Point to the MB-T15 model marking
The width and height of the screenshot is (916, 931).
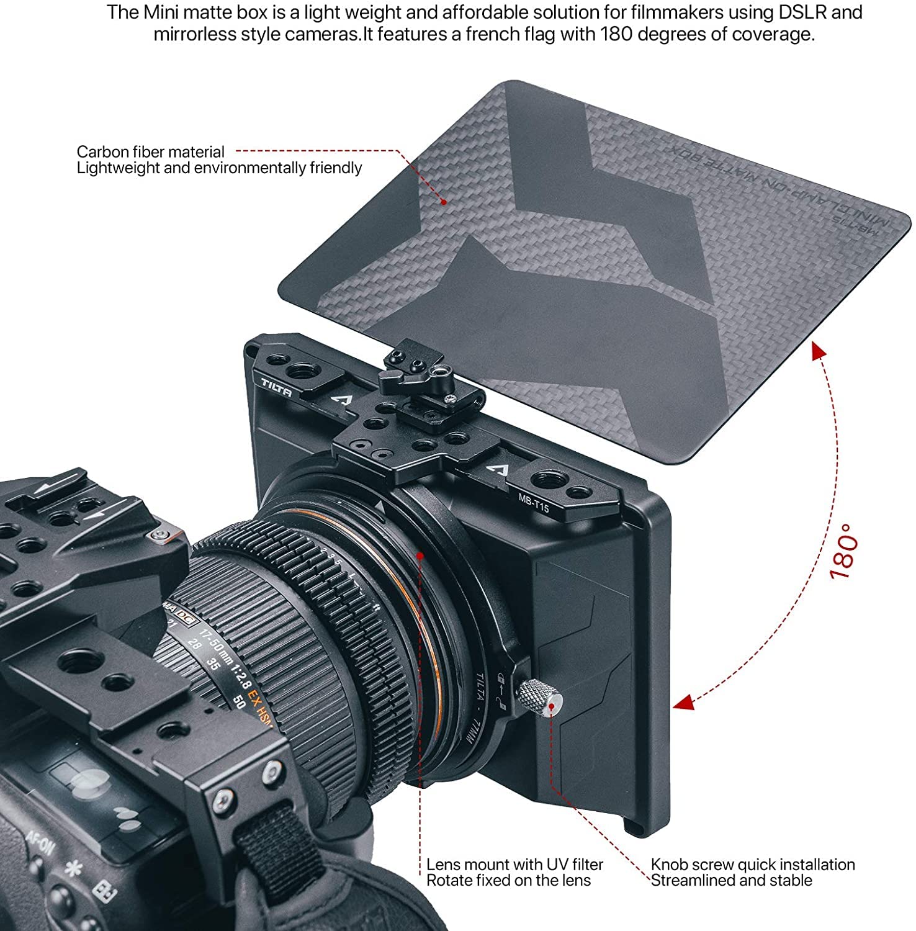click(x=534, y=502)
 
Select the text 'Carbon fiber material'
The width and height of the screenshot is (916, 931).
click(x=150, y=151)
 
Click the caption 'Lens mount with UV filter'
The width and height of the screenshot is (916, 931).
click(x=514, y=865)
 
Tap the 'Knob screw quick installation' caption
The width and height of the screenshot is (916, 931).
click(x=753, y=865)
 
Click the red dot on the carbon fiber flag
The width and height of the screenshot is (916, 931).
click(x=444, y=202)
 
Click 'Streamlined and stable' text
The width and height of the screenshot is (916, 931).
click(x=731, y=881)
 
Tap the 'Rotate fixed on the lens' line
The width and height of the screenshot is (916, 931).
click(x=508, y=881)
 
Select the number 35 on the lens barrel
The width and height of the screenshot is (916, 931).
click(x=213, y=665)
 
